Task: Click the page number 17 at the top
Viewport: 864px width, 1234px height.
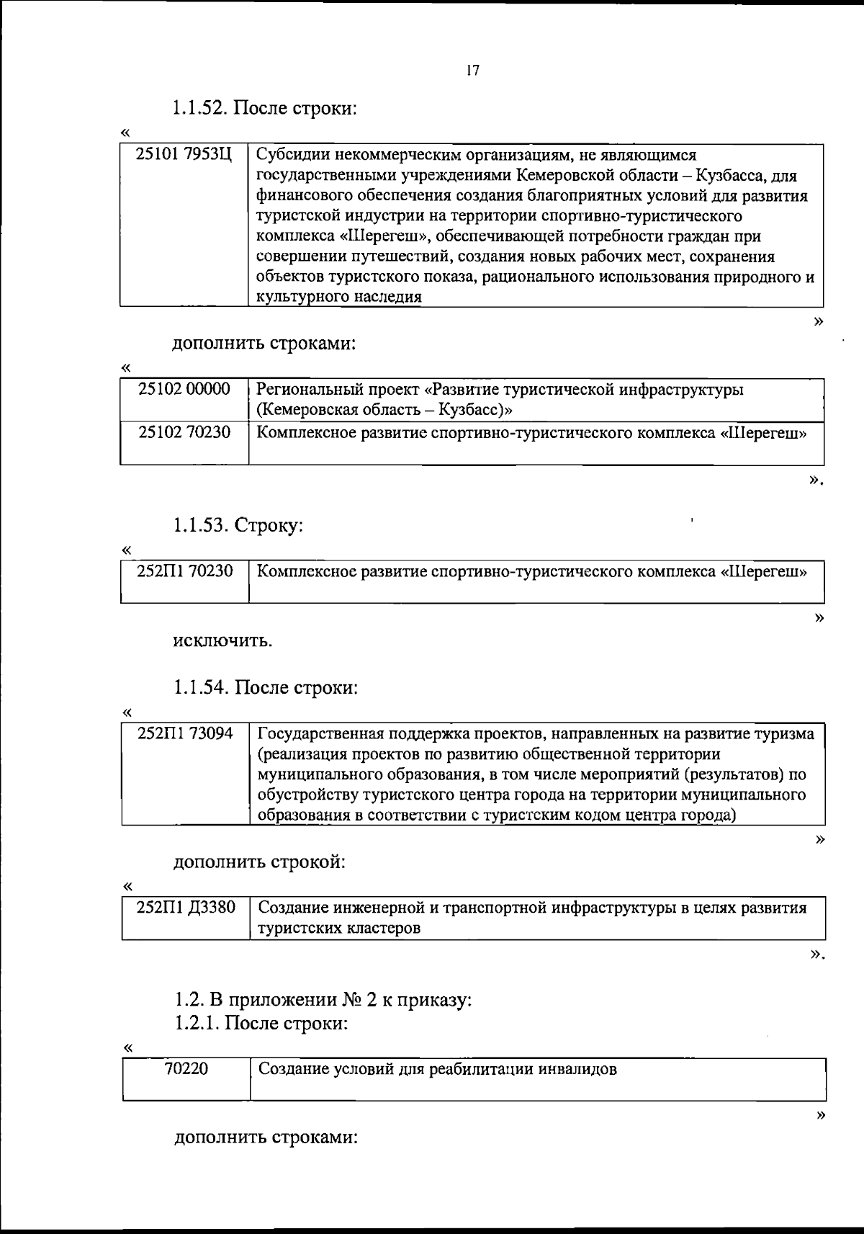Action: click(472, 71)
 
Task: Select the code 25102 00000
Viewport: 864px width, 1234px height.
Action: click(184, 390)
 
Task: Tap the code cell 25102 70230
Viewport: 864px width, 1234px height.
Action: click(184, 433)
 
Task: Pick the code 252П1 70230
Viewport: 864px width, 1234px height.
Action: click(185, 572)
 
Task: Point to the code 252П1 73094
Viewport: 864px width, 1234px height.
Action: click(185, 734)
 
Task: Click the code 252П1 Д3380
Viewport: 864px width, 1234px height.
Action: click(186, 908)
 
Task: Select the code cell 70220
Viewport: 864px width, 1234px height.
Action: click(186, 1069)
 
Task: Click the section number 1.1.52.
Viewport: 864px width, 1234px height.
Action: click(201, 109)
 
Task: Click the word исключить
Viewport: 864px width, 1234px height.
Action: click(222, 641)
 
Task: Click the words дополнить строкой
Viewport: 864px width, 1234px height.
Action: click(258, 862)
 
